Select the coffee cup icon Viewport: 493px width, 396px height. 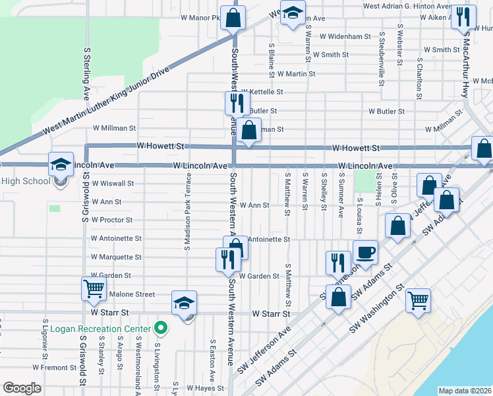point(365,251)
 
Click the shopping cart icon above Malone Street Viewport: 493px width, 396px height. point(93,288)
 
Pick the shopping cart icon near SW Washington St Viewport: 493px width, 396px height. point(419,300)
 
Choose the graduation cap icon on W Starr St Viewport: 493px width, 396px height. point(184,302)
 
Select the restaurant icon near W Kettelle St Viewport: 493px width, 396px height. point(237,103)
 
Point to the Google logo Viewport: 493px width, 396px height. point(22,388)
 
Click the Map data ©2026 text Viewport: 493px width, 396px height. point(465,391)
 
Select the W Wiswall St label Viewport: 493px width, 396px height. point(113,183)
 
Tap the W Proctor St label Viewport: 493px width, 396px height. point(112,220)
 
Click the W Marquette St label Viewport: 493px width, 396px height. point(117,257)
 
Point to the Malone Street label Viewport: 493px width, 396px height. point(132,294)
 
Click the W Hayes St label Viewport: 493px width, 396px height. point(207,389)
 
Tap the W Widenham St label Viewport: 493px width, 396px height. point(343,36)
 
